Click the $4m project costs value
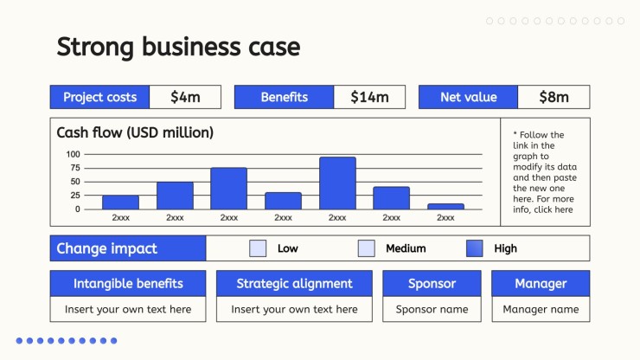185,97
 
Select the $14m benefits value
369,97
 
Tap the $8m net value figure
554,97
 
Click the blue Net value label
468,97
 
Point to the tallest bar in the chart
337,183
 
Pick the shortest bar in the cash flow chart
445,207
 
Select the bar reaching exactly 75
229,189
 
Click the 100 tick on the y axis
73,154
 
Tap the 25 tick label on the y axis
75,196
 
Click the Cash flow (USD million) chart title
135,132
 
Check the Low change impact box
258,248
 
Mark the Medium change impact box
366,248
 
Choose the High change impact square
474,248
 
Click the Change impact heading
107,248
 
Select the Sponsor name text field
432,309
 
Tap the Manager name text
541,309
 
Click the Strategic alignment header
294,284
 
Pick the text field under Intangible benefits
128,309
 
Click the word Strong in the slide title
95,47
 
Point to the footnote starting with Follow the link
545,172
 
